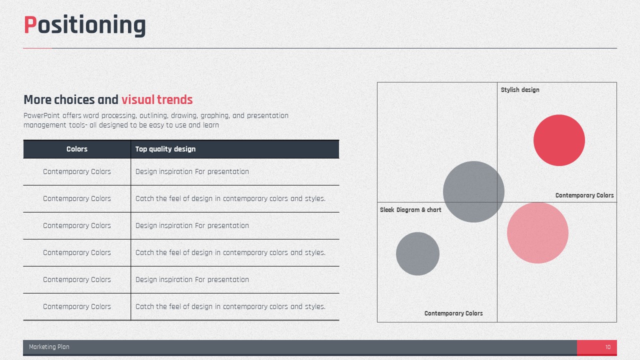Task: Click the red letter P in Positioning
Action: coord(30,24)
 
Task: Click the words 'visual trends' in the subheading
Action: coord(157,99)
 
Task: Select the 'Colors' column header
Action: coord(77,149)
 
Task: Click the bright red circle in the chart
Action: coord(559,140)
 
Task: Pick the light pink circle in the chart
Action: coord(537,232)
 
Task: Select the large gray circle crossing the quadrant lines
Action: coord(473,191)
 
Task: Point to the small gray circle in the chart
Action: coord(417,253)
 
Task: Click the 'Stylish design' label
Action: coord(520,89)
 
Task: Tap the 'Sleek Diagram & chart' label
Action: coord(410,209)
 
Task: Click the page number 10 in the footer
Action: coord(607,347)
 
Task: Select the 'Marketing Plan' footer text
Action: coord(49,347)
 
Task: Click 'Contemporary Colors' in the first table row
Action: coord(77,171)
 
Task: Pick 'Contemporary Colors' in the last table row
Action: coord(77,306)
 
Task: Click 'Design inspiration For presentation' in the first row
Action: coord(192,171)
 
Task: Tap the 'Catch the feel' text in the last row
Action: coord(230,306)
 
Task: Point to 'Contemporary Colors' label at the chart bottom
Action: coord(453,313)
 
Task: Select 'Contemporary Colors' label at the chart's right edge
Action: coord(584,195)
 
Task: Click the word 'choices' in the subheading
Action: coord(74,99)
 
